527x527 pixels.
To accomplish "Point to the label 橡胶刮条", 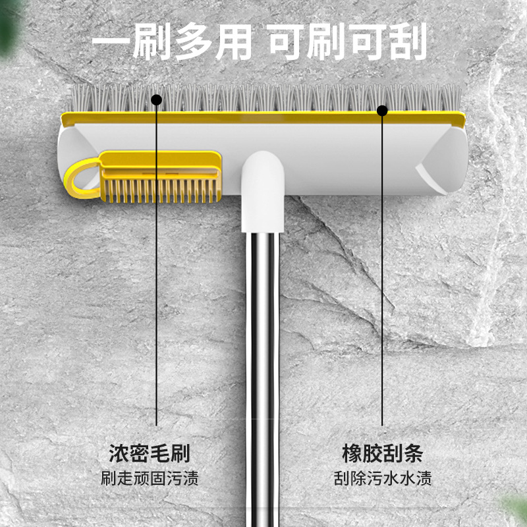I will (382, 453).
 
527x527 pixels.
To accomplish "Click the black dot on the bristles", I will (156, 100).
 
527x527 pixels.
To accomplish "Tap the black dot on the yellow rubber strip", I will (382, 111).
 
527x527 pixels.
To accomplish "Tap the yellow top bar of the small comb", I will (158, 160).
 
